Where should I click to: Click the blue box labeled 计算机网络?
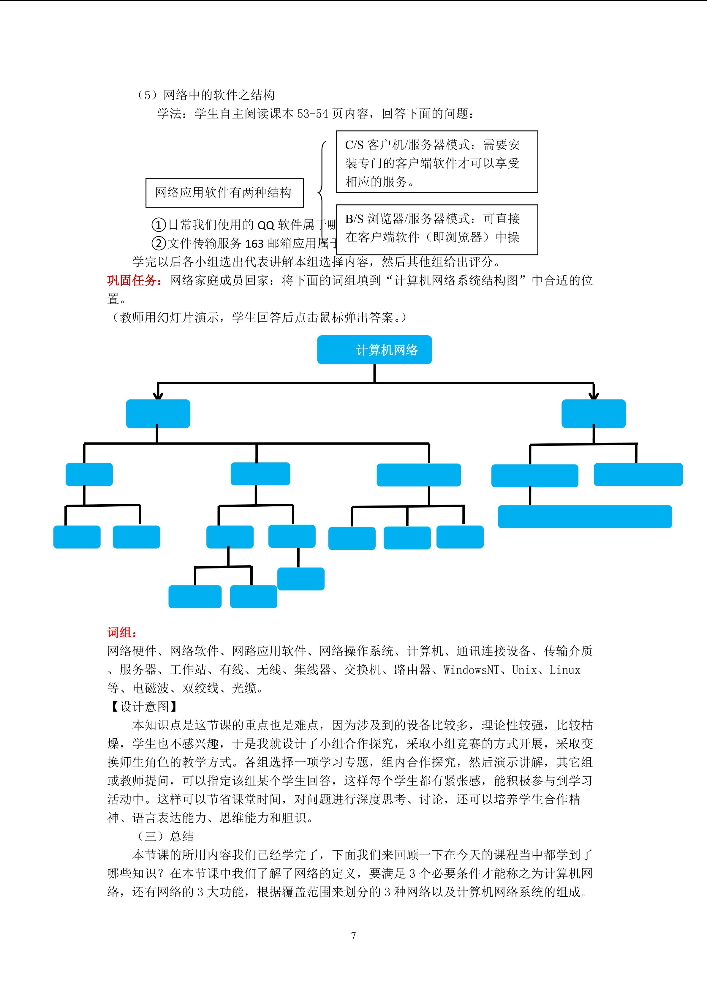pos(374,350)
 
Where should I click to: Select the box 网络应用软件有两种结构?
pos(224,192)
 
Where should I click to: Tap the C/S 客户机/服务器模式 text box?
pos(437,162)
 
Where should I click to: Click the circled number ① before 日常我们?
pos(159,225)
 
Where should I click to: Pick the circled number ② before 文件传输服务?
pos(159,243)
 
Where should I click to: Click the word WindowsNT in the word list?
pos(471,670)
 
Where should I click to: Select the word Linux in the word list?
pos(565,670)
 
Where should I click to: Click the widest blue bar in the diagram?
pos(585,516)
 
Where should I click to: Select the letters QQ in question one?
pos(266,225)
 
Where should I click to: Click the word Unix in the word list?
pos(524,670)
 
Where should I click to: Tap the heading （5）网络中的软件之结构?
pos(205,95)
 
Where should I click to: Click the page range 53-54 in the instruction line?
pos(312,114)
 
